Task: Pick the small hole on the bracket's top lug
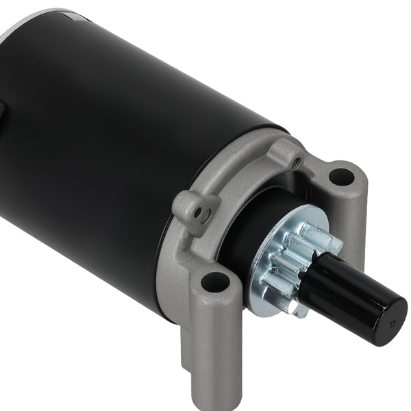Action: point(295,162)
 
